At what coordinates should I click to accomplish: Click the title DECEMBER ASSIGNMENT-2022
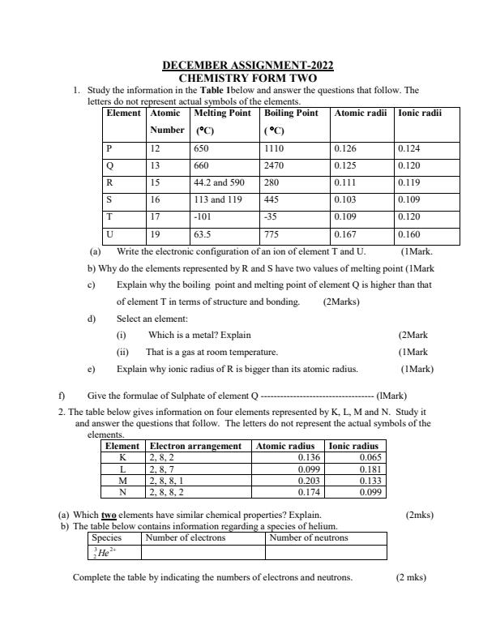tap(248, 66)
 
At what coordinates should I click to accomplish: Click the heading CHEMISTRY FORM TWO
tap(248, 78)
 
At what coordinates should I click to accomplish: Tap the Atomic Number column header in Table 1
tap(167, 122)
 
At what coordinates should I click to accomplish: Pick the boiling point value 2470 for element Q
tap(276, 165)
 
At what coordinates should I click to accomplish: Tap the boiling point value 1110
tap(276, 148)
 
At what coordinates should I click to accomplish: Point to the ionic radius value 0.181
tap(370, 469)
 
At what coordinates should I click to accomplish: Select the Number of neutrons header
tap(309, 537)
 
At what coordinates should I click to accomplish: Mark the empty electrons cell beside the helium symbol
tap(203, 552)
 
